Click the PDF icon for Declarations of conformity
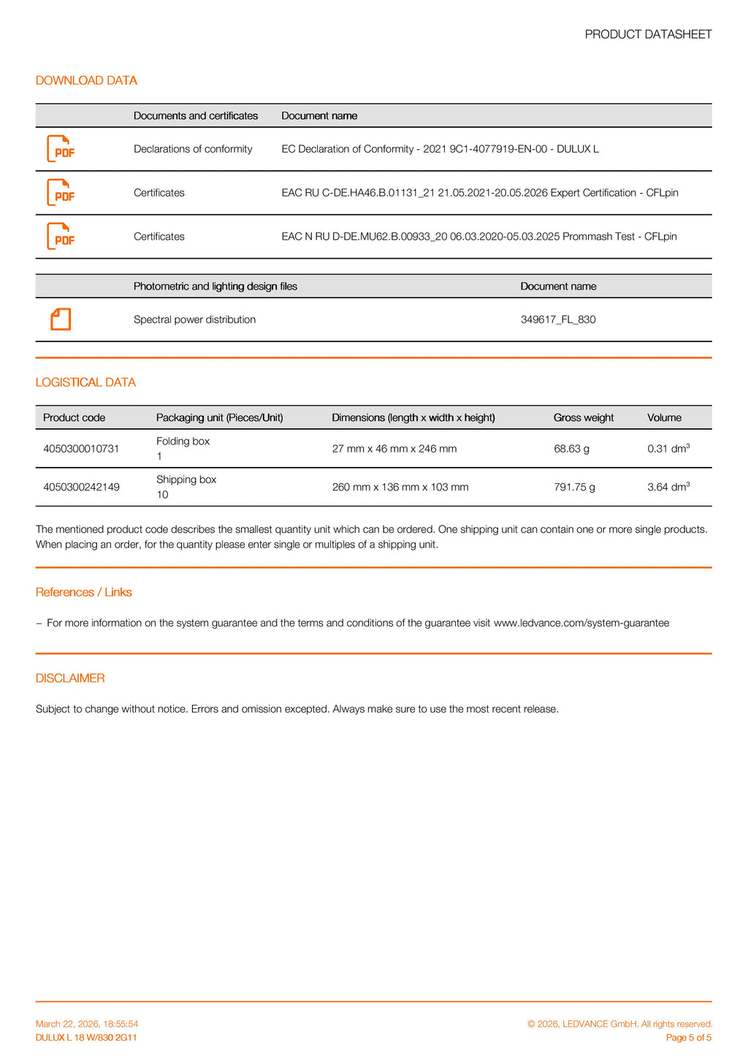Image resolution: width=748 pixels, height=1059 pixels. coord(61,149)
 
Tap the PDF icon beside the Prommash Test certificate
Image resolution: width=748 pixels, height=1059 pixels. coord(61,237)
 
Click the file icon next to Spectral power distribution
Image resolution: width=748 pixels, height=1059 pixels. coord(61,319)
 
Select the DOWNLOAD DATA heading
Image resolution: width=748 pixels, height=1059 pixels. coord(86,80)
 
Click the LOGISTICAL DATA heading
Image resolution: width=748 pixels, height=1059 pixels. coord(85,382)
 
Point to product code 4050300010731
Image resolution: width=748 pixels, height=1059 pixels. coord(81,449)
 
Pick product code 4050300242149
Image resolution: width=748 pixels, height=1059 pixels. coord(81,487)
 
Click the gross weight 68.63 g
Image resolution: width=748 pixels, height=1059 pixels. coord(571,449)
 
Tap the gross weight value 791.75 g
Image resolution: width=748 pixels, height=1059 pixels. coord(574,487)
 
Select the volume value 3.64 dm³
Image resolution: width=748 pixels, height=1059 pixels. coord(668,487)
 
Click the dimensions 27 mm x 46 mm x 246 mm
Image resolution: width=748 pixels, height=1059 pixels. coord(394,449)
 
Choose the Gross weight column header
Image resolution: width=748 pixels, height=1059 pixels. coord(584,418)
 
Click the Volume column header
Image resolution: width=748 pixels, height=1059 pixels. coord(664,418)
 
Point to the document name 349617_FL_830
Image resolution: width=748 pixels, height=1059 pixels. coord(558,319)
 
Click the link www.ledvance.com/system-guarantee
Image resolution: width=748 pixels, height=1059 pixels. coord(581,623)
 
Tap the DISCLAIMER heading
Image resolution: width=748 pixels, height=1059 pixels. coord(70,678)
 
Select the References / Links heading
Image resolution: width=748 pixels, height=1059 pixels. coord(84,592)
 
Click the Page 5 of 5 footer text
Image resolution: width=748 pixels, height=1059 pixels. coord(688,1038)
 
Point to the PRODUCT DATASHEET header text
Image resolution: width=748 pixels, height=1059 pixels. coord(648,34)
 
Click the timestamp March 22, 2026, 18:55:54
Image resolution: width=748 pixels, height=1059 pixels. coord(87,1024)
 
